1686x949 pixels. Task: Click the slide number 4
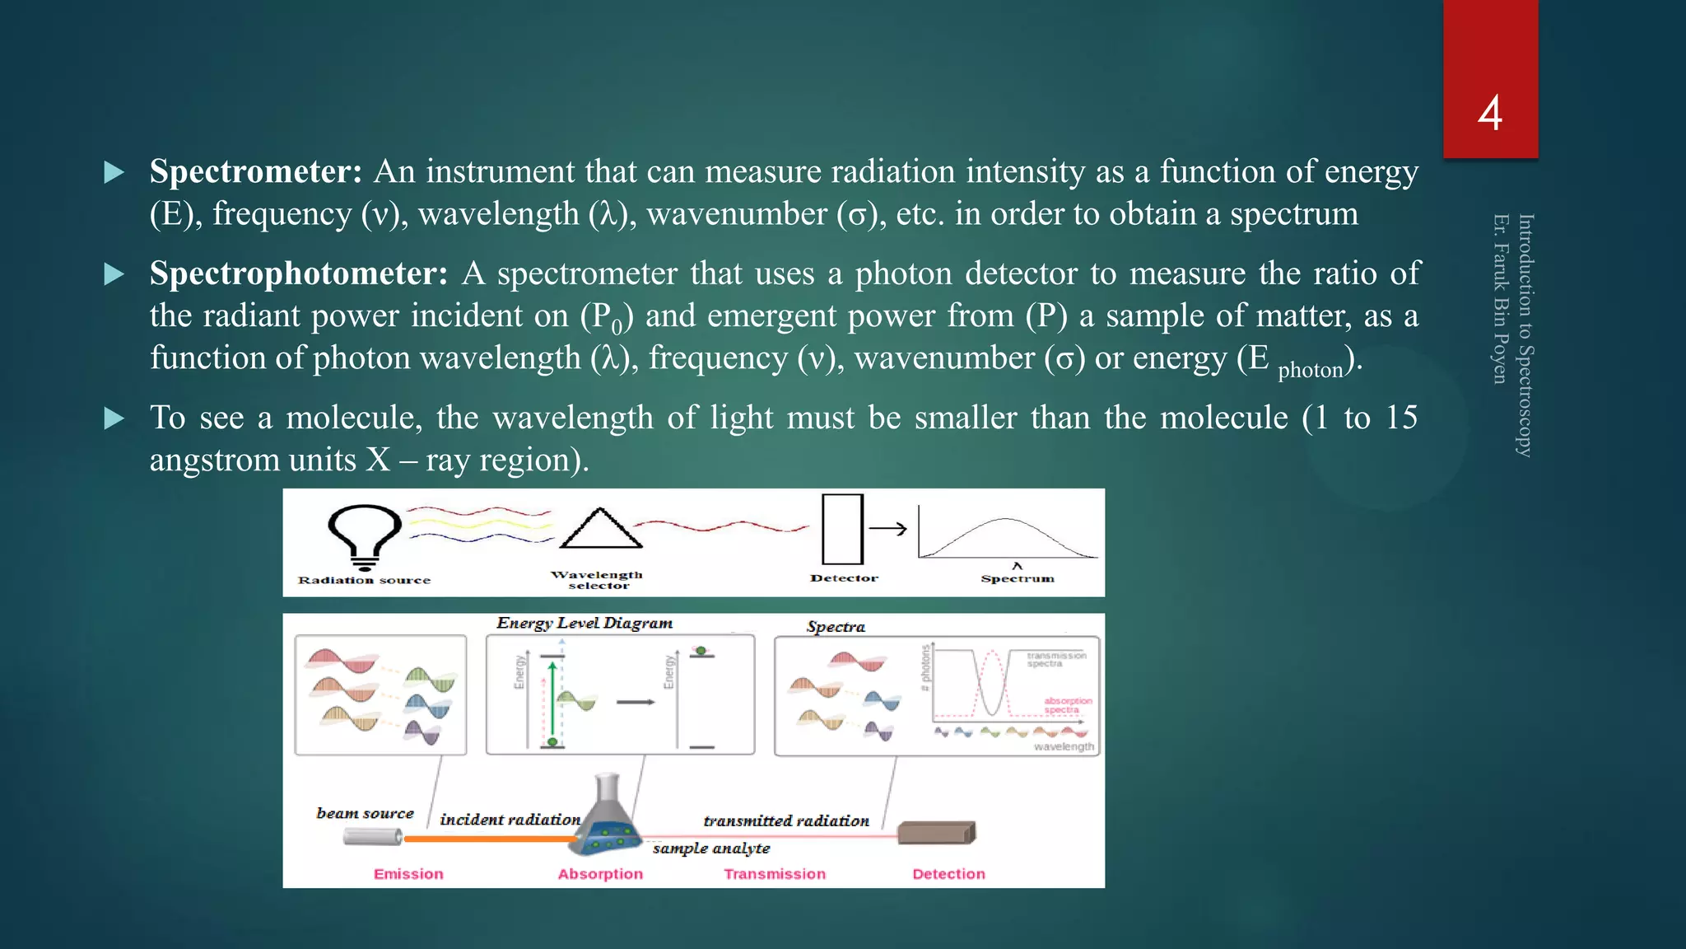[1489, 113]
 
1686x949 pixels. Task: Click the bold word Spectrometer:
[256, 172]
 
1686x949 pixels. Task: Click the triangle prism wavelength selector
[600, 529]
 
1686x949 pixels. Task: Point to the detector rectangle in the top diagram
[842, 529]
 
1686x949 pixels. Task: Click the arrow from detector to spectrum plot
[887, 529]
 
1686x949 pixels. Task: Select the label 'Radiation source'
[364, 581]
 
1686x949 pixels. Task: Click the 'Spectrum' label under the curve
[1018, 579]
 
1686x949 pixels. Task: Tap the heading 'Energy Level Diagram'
[585, 624]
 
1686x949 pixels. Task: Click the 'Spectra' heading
[836, 627]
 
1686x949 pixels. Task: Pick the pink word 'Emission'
[408, 874]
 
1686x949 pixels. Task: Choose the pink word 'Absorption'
[600, 874]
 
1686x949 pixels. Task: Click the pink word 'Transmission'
[775, 874]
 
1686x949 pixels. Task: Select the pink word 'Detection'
[948, 874]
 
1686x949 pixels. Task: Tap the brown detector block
[936, 833]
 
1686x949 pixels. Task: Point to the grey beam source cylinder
[372, 837]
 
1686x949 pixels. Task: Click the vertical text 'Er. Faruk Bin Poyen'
[1501, 299]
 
